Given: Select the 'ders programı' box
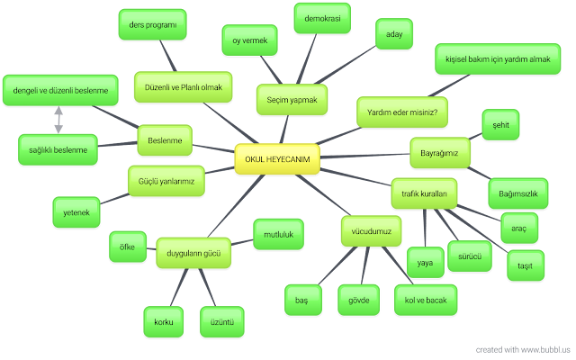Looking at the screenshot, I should [152, 23].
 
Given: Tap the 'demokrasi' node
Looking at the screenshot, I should [322, 16].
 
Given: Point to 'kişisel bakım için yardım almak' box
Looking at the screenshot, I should [491, 58].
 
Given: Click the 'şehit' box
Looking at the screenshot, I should [501, 126].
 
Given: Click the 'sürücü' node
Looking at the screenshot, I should [469, 256].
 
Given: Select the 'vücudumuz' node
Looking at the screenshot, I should [369, 231].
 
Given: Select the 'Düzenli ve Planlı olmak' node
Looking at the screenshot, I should [183, 86].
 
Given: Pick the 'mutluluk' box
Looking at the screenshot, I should [279, 234].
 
